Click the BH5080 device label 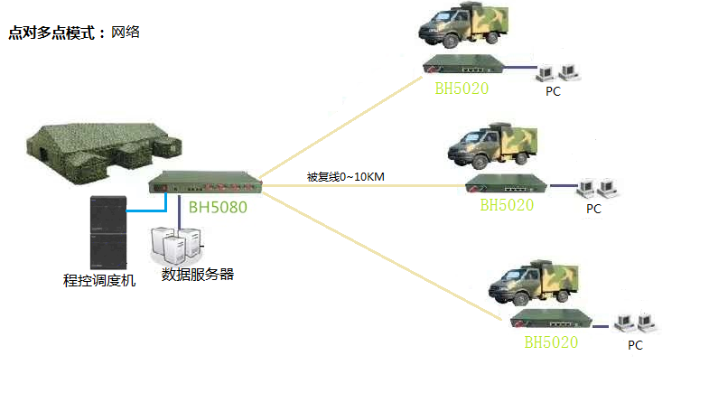click(x=218, y=207)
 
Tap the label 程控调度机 click(x=99, y=281)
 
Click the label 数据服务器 click(x=197, y=274)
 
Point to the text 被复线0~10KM click(x=346, y=176)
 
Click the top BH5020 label click(x=461, y=89)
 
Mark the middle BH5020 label click(x=507, y=205)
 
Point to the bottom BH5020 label click(x=551, y=342)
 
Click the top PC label click(x=554, y=92)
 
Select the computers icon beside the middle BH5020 click(x=596, y=187)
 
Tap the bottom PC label click(x=635, y=345)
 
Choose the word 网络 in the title click(x=126, y=33)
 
